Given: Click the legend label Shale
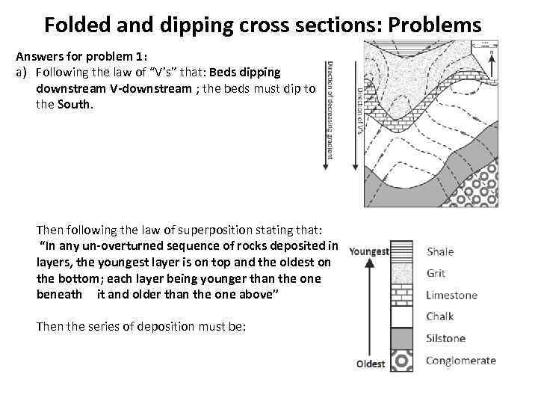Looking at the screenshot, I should click(440, 251).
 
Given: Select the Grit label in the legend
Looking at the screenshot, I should click(436, 273).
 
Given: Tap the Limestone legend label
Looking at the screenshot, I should click(451, 295).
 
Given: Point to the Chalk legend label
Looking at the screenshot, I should click(439, 316).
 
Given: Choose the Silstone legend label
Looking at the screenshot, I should click(445, 338).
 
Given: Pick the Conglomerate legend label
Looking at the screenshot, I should click(460, 361).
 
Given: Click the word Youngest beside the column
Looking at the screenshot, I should click(369, 251).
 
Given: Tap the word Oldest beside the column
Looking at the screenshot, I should click(371, 364).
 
